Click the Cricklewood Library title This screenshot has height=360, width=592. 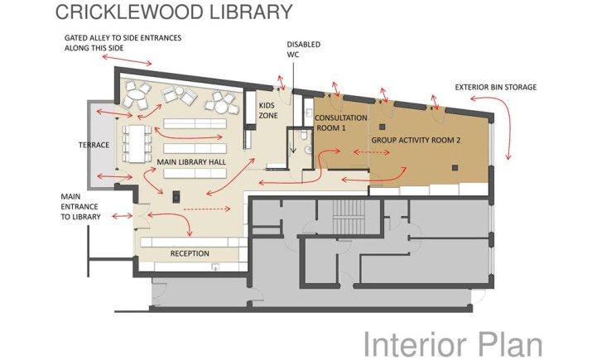[174, 12]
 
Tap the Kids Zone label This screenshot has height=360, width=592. [268, 111]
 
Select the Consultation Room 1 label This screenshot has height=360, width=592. [341, 123]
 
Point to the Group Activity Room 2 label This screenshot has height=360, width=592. [416, 140]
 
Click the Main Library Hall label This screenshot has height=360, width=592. [191, 162]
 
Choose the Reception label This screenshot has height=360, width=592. [190, 253]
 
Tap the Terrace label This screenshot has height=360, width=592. [94, 145]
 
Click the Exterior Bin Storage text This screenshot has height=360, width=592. [496, 87]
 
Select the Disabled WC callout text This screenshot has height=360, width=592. [304, 50]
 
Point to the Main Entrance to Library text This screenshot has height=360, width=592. [81, 207]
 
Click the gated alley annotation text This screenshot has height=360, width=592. [123, 43]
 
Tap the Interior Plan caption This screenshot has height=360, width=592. [453, 343]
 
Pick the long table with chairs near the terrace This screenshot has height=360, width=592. [137, 144]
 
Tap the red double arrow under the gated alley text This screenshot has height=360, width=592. [127, 60]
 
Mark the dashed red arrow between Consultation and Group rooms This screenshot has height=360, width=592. [372, 152]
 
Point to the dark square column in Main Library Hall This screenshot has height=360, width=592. [176, 197]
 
